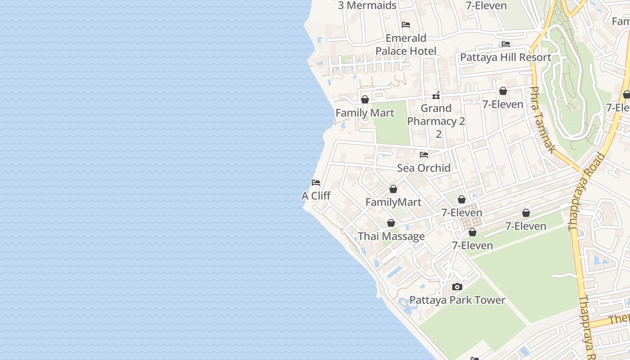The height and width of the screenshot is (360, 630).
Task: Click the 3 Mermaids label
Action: [367, 5]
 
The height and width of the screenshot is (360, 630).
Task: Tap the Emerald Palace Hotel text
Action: [406, 45]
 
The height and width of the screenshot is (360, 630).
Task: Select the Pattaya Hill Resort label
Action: [505, 57]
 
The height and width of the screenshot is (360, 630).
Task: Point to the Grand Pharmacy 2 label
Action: [436, 115]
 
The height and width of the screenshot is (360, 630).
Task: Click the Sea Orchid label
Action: [423, 168]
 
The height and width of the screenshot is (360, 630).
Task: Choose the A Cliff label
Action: [316, 196]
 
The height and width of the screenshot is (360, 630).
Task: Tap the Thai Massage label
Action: [391, 236]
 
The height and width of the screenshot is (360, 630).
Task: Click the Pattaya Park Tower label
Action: [457, 300]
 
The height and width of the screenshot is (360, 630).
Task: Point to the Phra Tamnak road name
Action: [542, 120]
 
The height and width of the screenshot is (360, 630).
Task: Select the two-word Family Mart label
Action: [365, 113]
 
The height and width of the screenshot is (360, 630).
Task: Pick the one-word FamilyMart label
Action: [393, 202]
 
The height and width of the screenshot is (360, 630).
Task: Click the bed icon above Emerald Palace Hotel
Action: [406, 25]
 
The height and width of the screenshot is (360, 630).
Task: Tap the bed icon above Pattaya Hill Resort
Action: [506, 44]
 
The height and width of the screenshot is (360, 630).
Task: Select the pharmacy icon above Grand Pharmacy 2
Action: [436, 95]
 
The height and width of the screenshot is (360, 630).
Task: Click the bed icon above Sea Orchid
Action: [424, 155]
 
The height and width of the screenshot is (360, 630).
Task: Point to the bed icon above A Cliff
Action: [316, 183]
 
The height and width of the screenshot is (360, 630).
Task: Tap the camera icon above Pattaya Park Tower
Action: [457, 287]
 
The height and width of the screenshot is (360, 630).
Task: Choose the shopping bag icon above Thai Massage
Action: [391, 223]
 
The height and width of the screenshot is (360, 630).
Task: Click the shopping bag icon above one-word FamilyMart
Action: [393, 189]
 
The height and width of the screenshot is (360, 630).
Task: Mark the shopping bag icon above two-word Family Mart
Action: [365, 99]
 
